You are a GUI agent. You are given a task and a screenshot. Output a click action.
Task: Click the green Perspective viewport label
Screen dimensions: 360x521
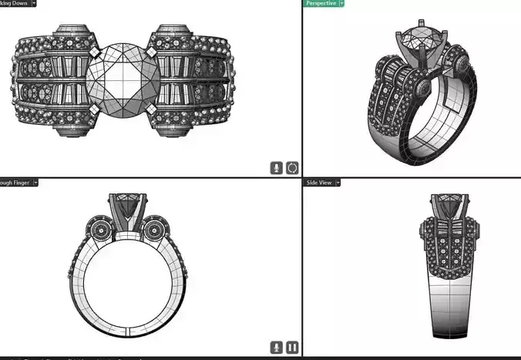point(320,3)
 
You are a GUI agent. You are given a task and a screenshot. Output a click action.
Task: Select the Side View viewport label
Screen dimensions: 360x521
point(320,183)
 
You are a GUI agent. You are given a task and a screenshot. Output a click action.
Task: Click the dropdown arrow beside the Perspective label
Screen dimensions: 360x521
point(341,3)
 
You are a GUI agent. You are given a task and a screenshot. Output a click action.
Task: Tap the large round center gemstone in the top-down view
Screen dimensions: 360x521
point(123,79)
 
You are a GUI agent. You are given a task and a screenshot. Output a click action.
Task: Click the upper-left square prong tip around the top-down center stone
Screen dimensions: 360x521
point(93,52)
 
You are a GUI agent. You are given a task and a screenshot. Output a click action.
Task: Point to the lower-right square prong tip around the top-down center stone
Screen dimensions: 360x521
point(153,109)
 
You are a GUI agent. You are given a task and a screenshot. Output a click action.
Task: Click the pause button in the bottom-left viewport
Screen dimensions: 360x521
point(292,348)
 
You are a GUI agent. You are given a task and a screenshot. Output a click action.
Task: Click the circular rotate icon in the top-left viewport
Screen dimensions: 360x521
point(292,167)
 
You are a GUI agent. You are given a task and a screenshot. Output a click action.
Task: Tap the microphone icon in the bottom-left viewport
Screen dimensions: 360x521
point(277,348)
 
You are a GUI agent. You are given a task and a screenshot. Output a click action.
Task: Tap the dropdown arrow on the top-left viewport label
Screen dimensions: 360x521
point(34,3)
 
